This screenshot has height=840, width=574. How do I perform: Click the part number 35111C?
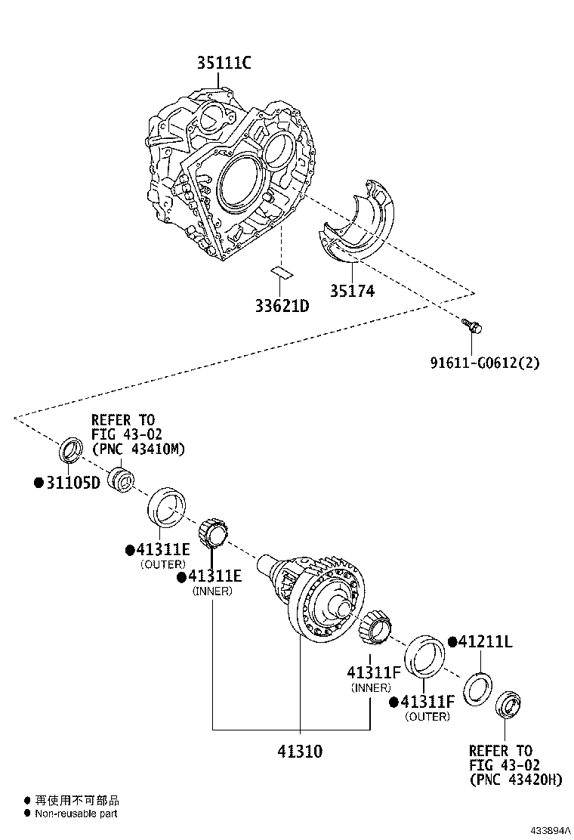(224, 63)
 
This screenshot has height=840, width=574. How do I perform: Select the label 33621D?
(281, 306)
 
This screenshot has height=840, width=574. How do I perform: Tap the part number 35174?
(352, 290)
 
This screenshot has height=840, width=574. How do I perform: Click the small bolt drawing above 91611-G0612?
(472, 326)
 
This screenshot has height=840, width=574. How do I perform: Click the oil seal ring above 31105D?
(72, 449)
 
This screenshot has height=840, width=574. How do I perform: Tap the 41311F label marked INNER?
(372, 672)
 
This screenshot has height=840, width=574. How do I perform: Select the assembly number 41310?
(299, 752)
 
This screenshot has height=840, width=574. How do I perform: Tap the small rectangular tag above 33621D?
(281, 271)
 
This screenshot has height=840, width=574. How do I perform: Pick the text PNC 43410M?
(138, 449)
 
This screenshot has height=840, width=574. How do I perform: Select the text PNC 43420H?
(516, 780)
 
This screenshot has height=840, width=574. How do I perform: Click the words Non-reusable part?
(76, 814)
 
